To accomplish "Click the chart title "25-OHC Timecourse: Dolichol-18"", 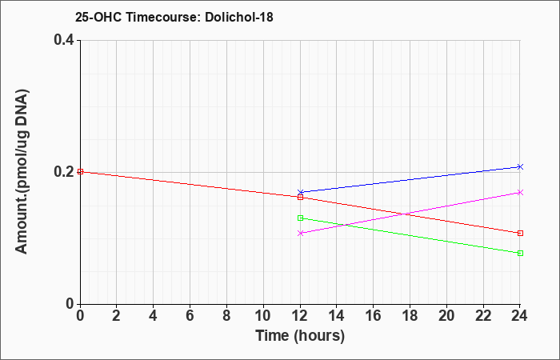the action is (x=174, y=17).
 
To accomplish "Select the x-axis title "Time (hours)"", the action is (x=300, y=336).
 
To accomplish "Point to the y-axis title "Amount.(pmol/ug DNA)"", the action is (x=22, y=172).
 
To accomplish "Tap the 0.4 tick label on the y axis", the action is (x=64, y=40).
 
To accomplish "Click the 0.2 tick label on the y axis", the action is (x=64, y=172).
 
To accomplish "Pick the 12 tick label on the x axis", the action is (x=300, y=316).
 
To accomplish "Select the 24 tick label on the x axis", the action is (x=519, y=316).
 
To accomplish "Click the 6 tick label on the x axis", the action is (x=190, y=316).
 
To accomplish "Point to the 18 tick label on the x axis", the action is (x=410, y=316).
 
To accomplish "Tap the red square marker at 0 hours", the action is (x=80, y=171).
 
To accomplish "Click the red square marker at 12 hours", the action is (x=300, y=197).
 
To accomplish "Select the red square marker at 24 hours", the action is (x=520, y=234).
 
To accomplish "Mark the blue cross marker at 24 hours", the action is (x=520, y=166).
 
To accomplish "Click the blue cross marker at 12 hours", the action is (x=300, y=192).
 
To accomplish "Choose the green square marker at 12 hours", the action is (x=300, y=218).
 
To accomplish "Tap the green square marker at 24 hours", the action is (x=520, y=254).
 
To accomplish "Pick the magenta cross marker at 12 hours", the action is (x=300, y=234).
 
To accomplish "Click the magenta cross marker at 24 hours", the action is (x=520, y=193).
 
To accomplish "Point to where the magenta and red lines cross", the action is (x=403, y=214).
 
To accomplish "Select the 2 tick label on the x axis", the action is (x=117, y=316).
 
